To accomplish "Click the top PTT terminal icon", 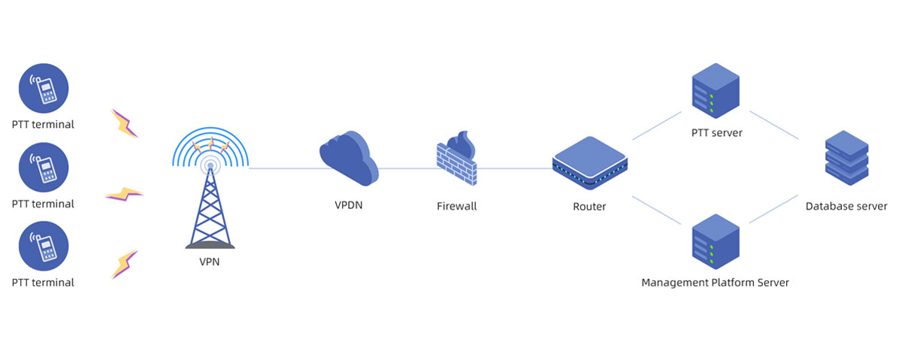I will coord(44,89).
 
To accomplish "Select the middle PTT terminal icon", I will coord(44,168).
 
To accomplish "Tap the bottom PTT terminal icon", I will coord(44,247).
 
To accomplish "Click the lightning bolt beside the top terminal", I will coord(124,123).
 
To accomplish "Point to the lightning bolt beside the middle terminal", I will coord(124,195).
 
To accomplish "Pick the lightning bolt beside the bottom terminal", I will coord(124,264).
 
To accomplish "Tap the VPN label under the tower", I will coord(210,263).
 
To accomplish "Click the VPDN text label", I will coord(349,204).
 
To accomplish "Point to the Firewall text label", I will coord(456,205).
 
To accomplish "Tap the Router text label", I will coord(589,206).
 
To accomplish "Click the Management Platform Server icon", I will coord(716,242).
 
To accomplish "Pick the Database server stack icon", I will coord(846,158).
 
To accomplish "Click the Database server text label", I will coord(846,206).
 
